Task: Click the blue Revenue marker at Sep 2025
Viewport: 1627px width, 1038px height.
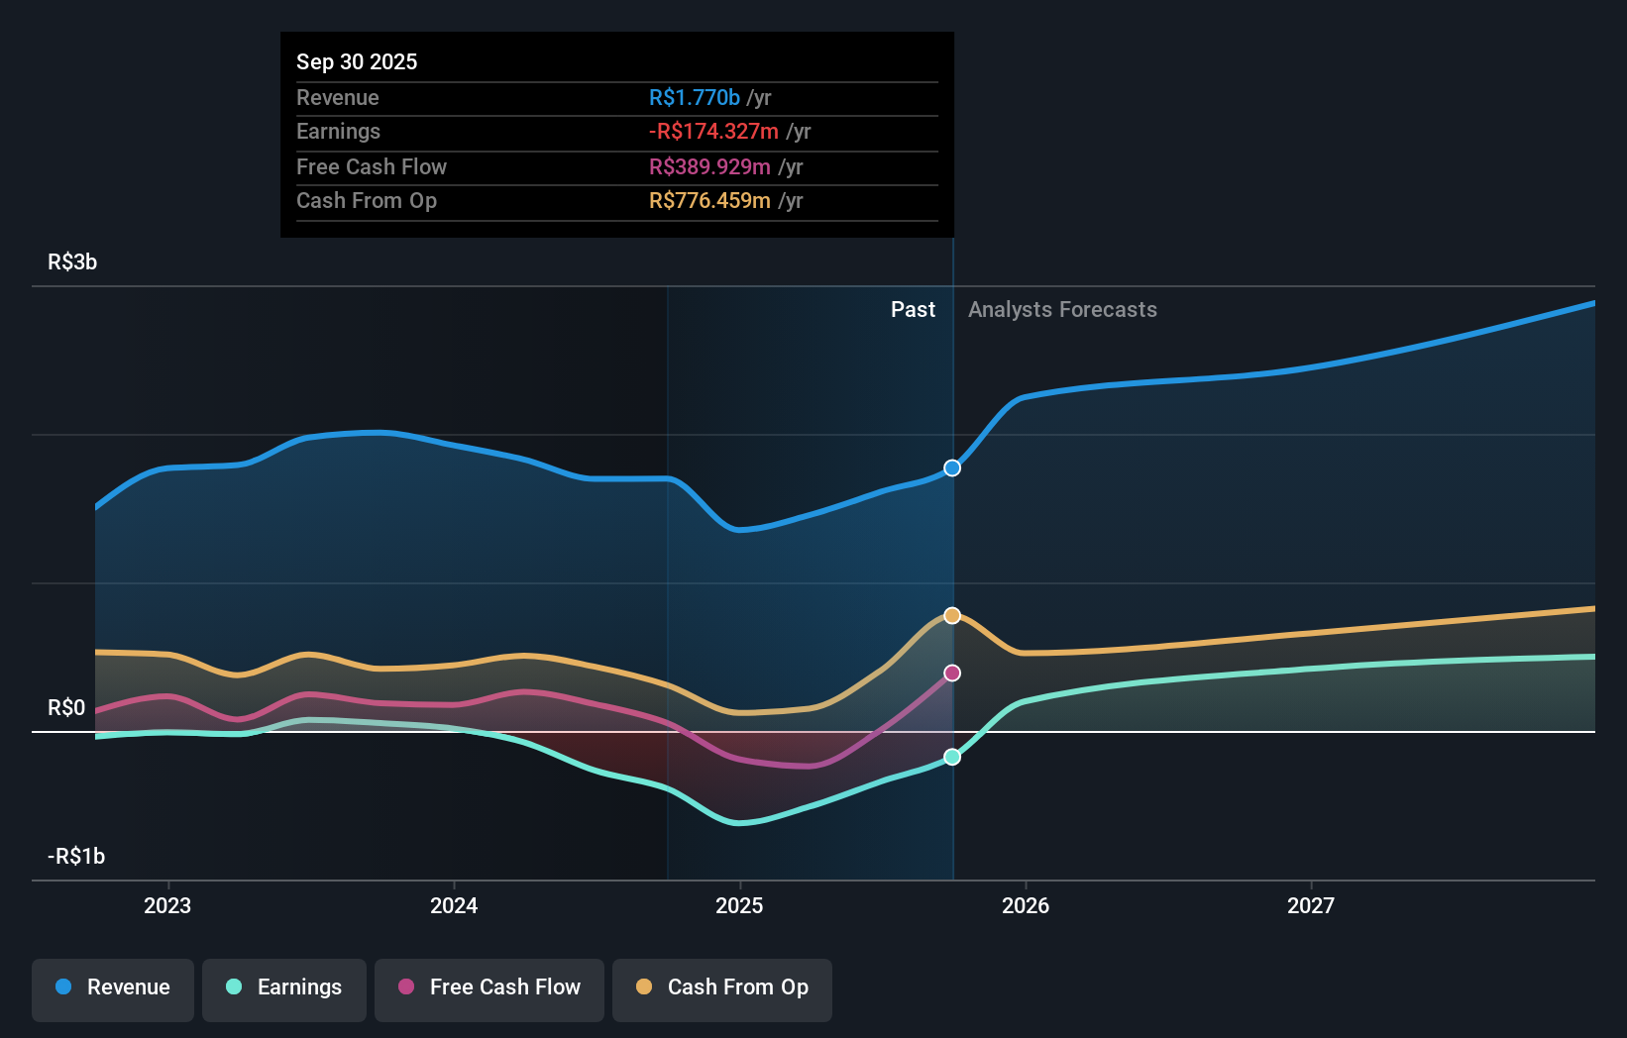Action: click(x=952, y=467)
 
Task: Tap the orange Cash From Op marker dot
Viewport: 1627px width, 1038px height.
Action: click(x=952, y=615)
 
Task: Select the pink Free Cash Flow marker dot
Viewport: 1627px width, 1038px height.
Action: click(x=952, y=673)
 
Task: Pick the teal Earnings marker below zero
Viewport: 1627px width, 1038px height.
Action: click(x=952, y=757)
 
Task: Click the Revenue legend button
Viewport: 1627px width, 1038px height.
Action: click(x=113, y=987)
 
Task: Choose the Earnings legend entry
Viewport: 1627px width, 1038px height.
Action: click(x=284, y=987)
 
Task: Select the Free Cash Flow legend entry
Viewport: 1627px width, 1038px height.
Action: click(x=489, y=987)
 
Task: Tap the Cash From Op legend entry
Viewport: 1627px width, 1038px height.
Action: click(x=722, y=987)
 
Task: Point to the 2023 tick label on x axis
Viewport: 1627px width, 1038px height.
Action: click(x=167, y=905)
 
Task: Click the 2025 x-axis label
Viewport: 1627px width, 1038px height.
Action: click(x=739, y=905)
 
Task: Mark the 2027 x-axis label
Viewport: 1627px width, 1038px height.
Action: click(x=1310, y=905)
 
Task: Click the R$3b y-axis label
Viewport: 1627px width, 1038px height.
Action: click(x=72, y=261)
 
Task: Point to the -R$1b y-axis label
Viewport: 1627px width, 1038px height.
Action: click(x=76, y=856)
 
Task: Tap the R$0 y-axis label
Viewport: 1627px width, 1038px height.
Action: click(x=66, y=707)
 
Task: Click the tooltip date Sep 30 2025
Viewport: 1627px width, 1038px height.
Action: click(x=357, y=61)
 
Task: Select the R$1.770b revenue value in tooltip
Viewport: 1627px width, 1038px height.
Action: click(x=694, y=97)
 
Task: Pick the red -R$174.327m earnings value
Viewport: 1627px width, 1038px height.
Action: click(x=713, y=131)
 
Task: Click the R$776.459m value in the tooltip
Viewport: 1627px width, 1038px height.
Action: click(x=709, y=200)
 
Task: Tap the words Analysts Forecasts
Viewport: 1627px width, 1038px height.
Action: click(x=1062, y=309)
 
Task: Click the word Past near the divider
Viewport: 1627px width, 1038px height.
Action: click(x=913, y=309)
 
